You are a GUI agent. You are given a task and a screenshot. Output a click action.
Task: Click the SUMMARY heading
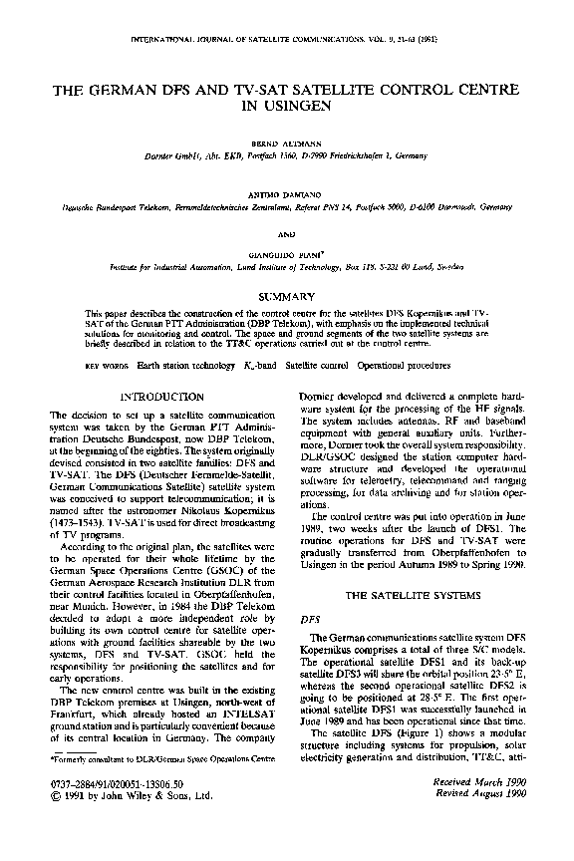pyautogui.click(x=287, y=296)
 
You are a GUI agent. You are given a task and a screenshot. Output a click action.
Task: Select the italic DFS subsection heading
pyautogui.click(x=310, y=619)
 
